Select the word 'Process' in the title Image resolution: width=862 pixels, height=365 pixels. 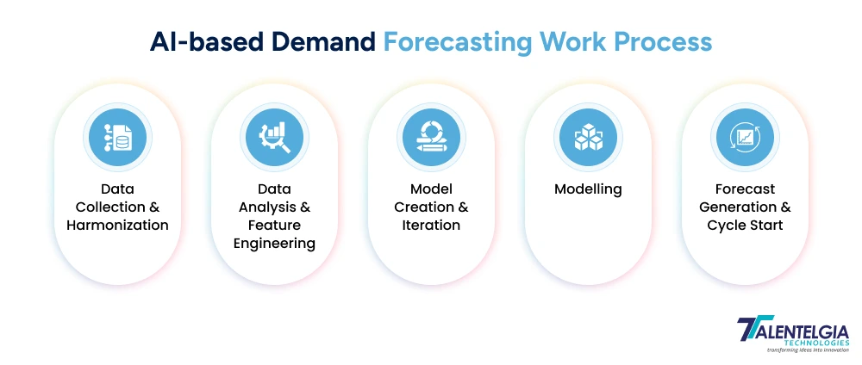(x=665, y=41)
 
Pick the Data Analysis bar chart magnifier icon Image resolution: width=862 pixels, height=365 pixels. (x=274, y=138)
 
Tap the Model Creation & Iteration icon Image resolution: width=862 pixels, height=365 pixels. (x=431, y=138)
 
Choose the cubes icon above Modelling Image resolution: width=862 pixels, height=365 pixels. (x=588, y=138)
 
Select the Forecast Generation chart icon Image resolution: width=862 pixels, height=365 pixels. (x=745, y=138)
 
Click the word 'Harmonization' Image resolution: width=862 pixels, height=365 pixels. (x=117, y=226)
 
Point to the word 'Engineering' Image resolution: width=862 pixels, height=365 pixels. (x=274, y=244)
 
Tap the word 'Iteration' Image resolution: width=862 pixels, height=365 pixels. (x=431, y=226)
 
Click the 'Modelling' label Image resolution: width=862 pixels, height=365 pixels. (x=588, y=189)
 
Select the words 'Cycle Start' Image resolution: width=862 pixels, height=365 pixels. (x=745, y=226)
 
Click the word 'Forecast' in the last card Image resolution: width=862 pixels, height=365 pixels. (x=745, y=189)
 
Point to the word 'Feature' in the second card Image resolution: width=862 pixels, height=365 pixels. (x=274, y=226)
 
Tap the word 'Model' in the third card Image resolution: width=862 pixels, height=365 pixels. (x=431, y=189)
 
